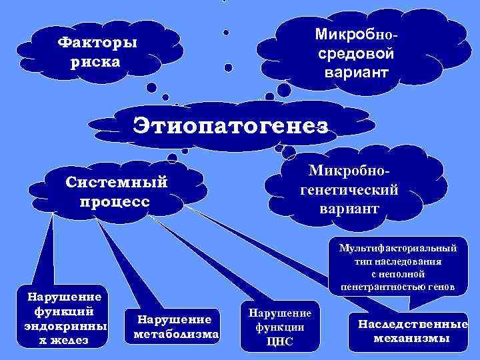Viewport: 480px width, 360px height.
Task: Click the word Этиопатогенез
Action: click(x=230, y=124)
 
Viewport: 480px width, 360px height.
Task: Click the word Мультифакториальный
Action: click(x=397, y=248)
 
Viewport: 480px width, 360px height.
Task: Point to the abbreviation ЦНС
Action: click(x=280, y=342)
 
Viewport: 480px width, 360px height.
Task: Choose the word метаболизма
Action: click(x=177, y=333)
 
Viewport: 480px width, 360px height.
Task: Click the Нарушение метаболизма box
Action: click(x=175, y=326)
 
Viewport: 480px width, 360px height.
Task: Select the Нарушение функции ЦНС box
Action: click(x=280, y=327)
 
